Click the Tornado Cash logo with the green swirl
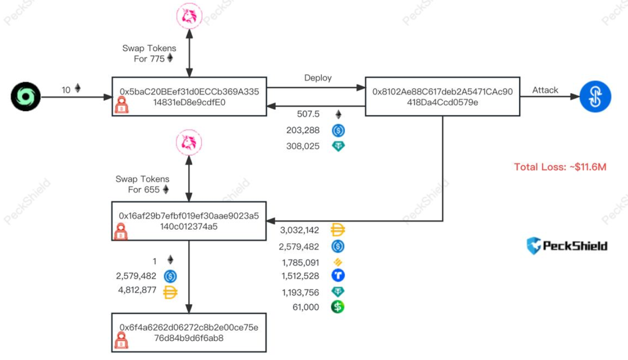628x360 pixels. pos(25,96)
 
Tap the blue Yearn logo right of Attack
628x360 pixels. pos(595,96)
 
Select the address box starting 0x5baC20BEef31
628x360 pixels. pos(189,96)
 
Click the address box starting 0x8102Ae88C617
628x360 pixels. pos(443,96)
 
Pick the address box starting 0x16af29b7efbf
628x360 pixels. pos(189,221)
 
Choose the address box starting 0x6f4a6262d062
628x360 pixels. pos(189,332)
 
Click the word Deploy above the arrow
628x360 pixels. pos(318,78)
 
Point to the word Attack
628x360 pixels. pos(545,90)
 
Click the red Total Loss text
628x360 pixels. pos(560,167)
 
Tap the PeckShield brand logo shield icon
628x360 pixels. pos(533,245)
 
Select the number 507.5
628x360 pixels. pos(308,114)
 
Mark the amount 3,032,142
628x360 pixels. pos(299,230)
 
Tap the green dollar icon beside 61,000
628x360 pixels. pos(338,307)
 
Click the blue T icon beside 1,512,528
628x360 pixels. pos(338,276)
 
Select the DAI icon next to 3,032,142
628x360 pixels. pos(338,230)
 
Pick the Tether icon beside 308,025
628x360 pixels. pos(338,146)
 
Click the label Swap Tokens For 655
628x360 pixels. pos(143,184)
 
